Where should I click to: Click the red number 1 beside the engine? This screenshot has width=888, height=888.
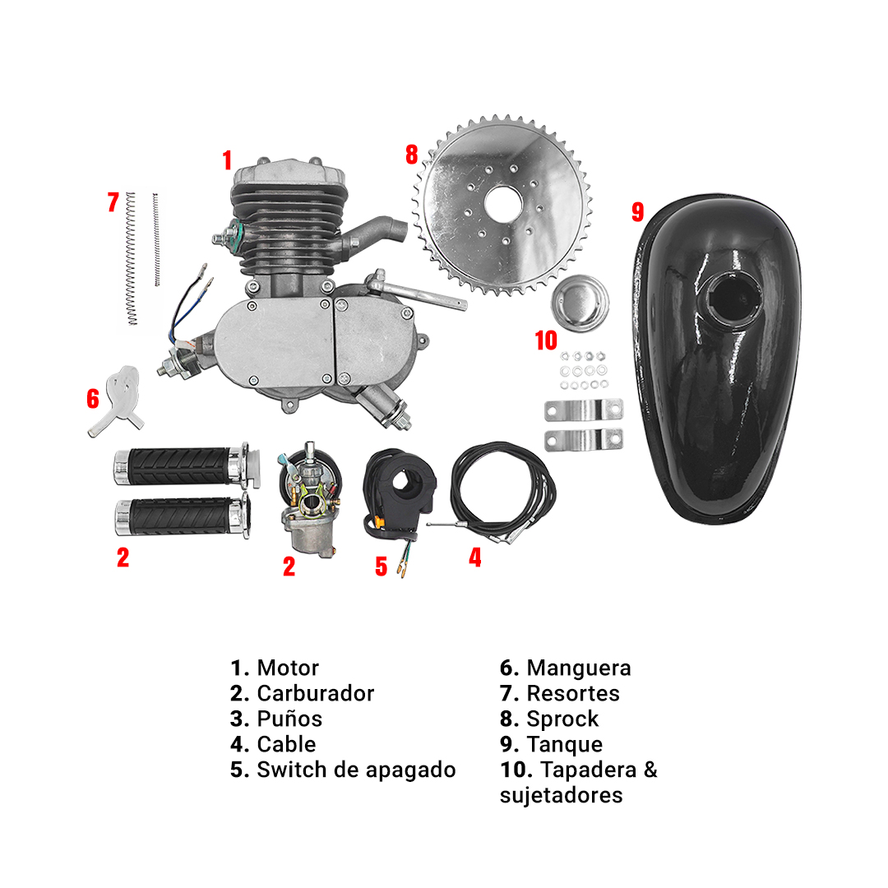coord(227,160)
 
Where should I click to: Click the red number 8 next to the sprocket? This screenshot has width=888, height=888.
coord(412,155)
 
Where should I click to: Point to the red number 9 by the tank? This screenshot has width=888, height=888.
coord(637,211)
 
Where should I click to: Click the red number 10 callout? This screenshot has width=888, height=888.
coord(545,340)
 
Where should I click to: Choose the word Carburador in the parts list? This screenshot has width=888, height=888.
coord(315,693)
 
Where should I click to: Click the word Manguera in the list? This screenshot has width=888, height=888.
coord(578,668)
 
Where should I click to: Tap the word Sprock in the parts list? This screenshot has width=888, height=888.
coord(562,719)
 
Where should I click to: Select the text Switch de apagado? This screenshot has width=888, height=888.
coord(356,770)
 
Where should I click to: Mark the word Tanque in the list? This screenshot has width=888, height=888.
coord(564,744)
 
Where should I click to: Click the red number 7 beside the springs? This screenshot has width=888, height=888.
coord(113,202)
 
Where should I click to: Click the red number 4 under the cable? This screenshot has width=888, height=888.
coord(474,557)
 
